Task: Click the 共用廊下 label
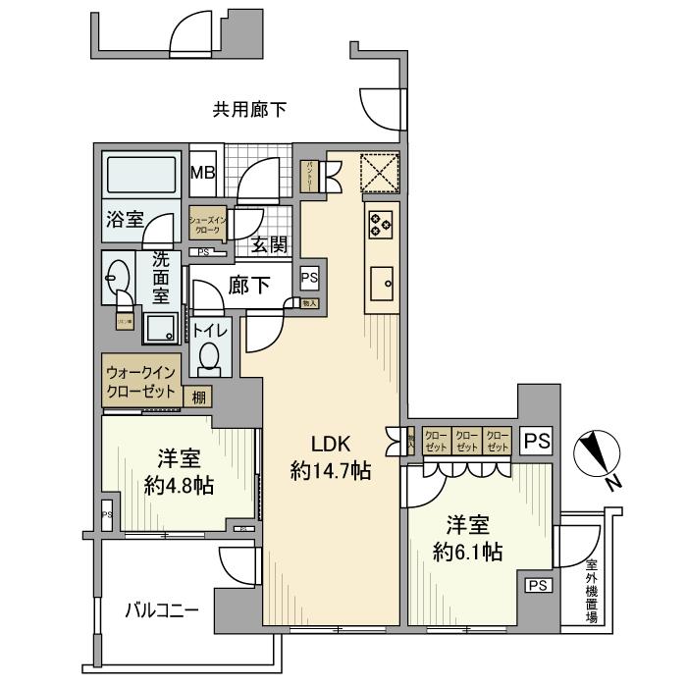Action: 249,111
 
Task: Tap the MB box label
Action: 203,174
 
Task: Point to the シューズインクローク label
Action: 208,224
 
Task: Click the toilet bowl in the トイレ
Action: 210,358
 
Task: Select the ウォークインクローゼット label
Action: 141,382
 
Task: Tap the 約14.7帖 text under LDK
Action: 331,471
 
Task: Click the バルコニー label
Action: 162,610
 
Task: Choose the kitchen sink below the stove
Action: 381,285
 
